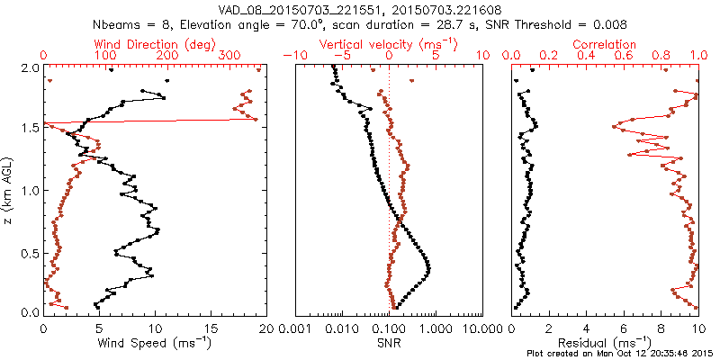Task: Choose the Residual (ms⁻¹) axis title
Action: tap(604, 344)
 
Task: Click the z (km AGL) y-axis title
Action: tap(10, 190)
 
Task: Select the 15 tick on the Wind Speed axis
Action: tap(211, 329)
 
